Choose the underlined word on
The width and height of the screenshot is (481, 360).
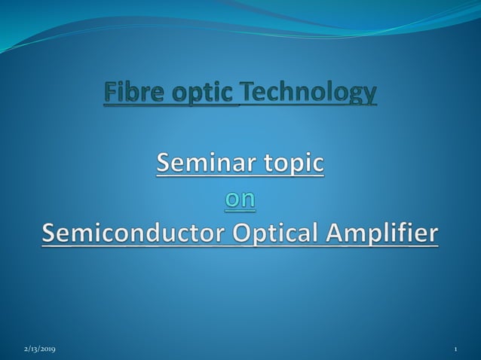[x=240, y=199]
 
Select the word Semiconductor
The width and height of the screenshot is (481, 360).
[x=130, y=233]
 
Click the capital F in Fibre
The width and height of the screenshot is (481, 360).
[x=110, y=93]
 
